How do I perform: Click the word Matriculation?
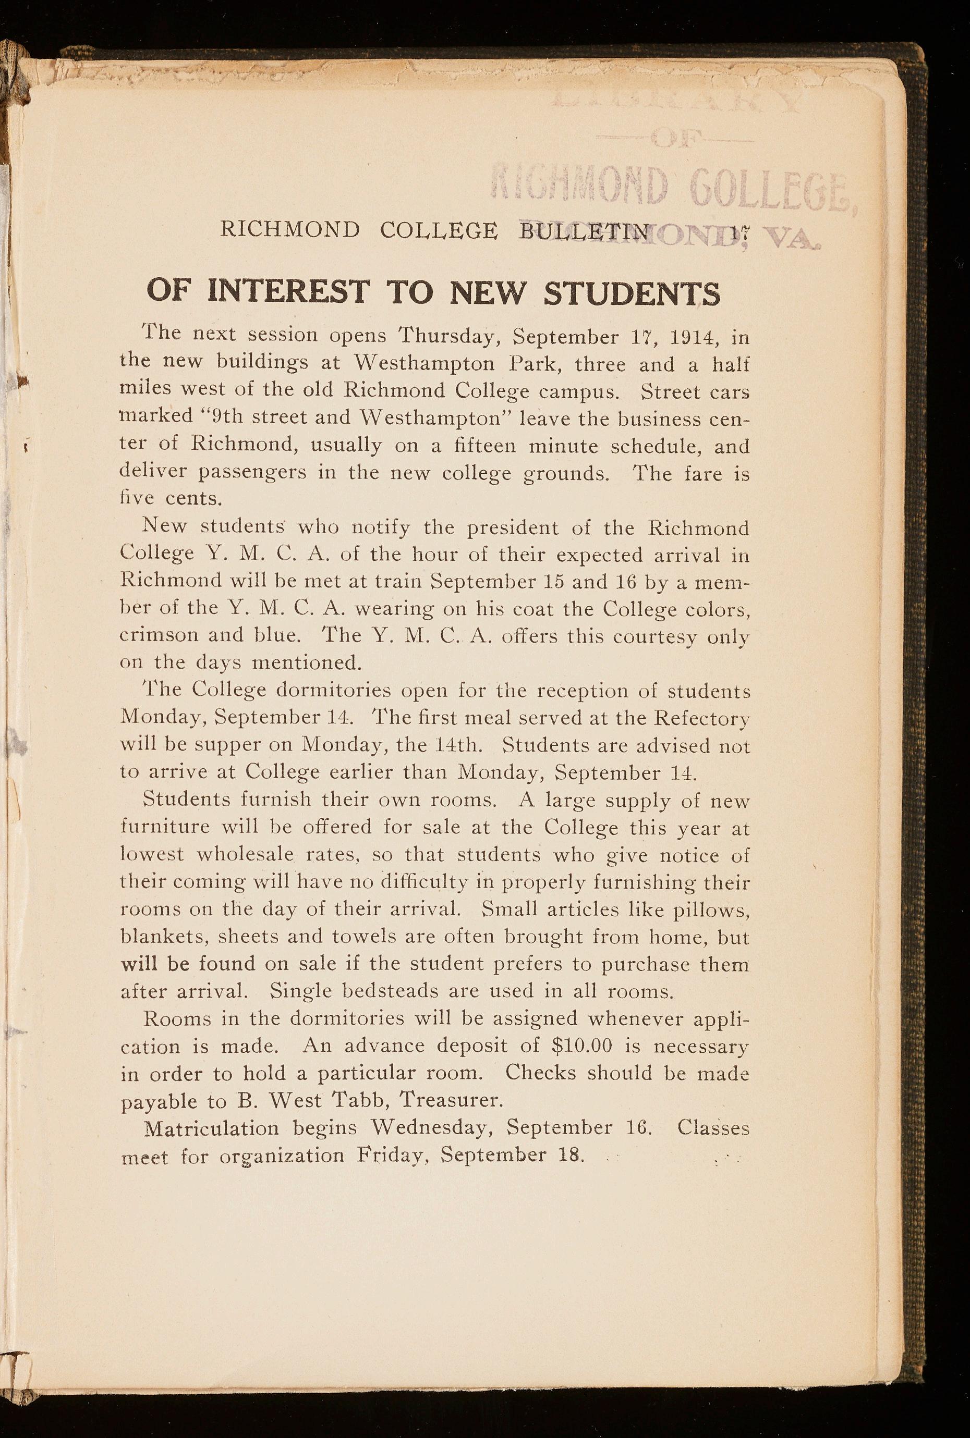click(211, 1128)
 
